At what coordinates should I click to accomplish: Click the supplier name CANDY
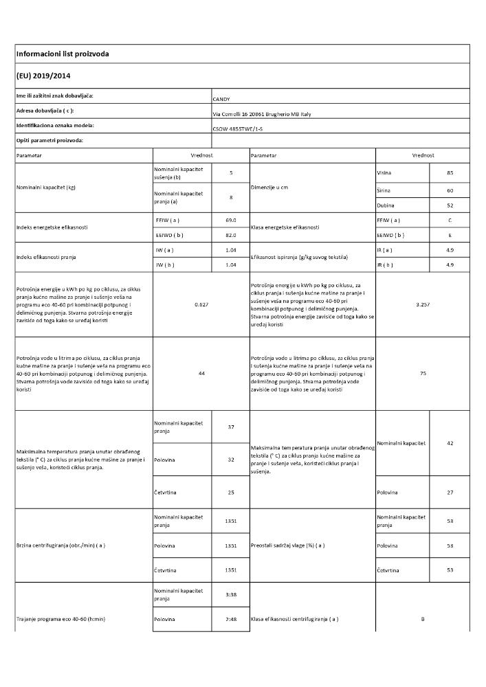pyautogui.click(x=222, y=99)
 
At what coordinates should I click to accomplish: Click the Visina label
pyautogui.click(x=384, y=172)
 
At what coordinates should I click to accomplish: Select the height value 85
pyautogui.click(x=450, y=172)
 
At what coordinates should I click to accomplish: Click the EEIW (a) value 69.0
pyautogui.click(x=231, y=220)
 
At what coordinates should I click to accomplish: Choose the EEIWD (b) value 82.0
pyautogui.click(x=231, y=235)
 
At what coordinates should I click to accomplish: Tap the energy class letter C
pyautogui.click(x=450, y=220)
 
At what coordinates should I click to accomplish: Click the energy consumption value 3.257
pyautogui.click(x=423, y=304)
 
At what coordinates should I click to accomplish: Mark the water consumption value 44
pyautogui.click(x=201, y=373)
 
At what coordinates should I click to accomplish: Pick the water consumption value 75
pyautogui.click(x=423, y=373)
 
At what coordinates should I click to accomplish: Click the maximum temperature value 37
pyautogui.click(x=231, y=427)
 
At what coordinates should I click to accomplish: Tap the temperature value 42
pyautogui.click(x=450, y=443)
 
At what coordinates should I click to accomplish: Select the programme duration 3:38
pyautogui.click(x=231, y=594)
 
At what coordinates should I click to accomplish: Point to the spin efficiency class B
pyautogui.click(x=423, y=619)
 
